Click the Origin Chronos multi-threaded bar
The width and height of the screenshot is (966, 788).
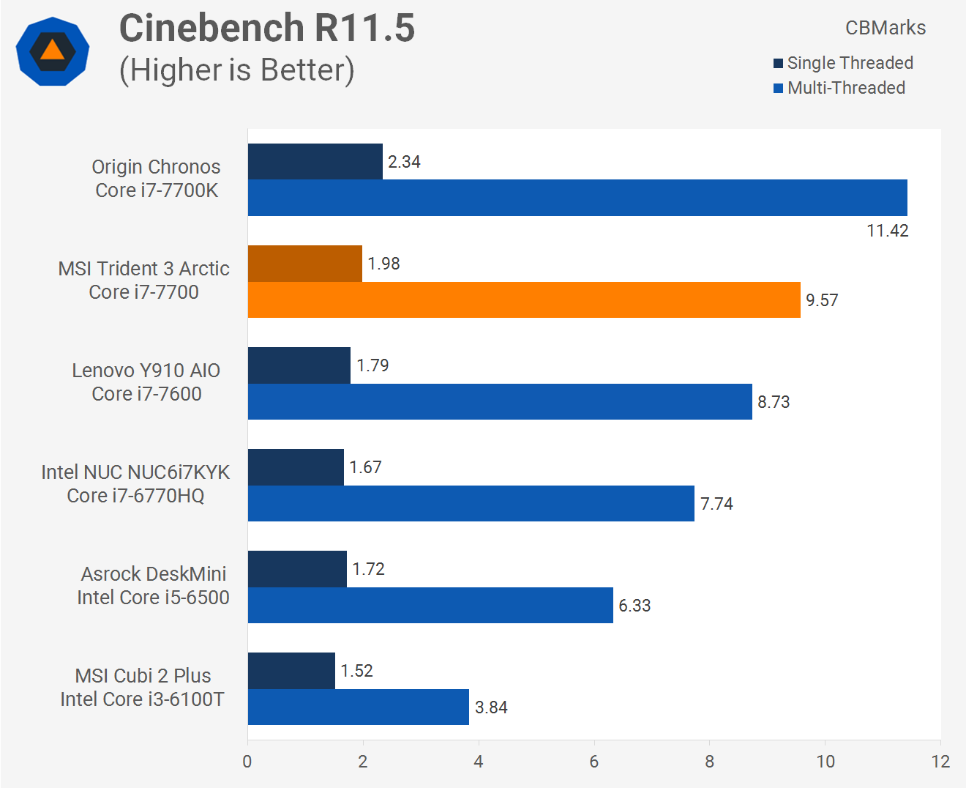[577, 198]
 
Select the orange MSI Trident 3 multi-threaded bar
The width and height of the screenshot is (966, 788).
[524, 300]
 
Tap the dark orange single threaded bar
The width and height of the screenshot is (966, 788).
[305, 264]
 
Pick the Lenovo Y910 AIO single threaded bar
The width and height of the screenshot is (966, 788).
[299, 365]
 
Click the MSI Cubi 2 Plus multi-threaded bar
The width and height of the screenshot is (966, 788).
[359, 707]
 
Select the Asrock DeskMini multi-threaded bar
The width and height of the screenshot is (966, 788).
[430, 605]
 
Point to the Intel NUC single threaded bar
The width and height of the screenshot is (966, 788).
[296, 467]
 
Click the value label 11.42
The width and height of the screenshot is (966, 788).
[887, 231]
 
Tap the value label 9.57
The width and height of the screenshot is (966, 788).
[822, 300]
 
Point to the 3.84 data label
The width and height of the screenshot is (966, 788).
[491, 707]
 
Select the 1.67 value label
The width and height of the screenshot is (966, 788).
[365, 467]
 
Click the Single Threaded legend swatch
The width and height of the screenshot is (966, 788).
[778, 63]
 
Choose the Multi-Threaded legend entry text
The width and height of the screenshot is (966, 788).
[846, 88]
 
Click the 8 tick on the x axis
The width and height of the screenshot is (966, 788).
[710, 762]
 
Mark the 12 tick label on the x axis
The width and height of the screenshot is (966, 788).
[940, 762]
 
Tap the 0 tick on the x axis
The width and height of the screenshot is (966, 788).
[247, 762]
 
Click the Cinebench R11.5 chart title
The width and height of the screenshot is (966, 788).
[267, 28]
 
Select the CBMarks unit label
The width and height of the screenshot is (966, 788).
[885, 28]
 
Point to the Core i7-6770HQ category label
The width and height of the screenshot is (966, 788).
[135, 496]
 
